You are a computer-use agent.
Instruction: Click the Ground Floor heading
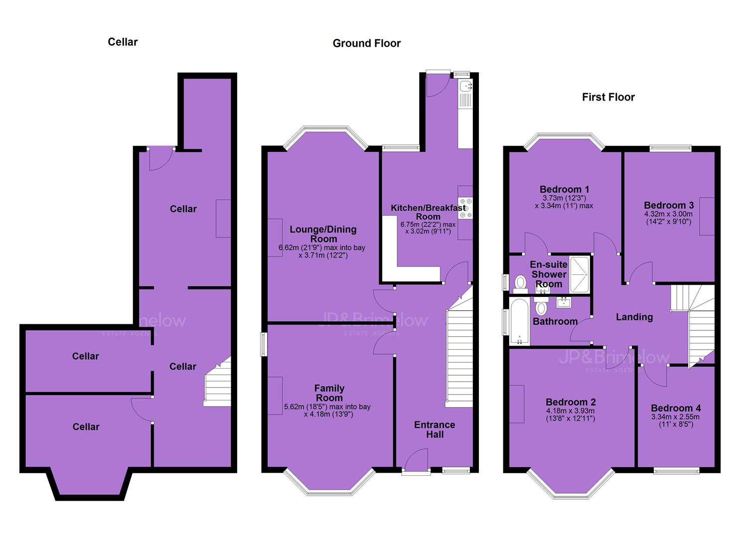point(366,43)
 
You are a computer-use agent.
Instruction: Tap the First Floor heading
point(608,97)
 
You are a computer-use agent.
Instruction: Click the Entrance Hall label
point(435,429)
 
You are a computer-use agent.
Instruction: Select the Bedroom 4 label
point(675,408)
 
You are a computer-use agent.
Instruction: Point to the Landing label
point(634,317)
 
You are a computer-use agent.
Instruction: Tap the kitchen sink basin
point(466,86)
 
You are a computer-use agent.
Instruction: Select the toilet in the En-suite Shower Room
point(520,284)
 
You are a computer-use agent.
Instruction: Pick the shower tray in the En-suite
point(580,275)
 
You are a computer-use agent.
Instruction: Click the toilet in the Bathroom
point(541,306)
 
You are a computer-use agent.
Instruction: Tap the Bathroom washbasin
point(563,302)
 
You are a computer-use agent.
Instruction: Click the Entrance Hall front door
point(416,462)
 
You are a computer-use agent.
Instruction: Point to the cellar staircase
point(217,382)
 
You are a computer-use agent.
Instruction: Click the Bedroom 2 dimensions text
point(571,415)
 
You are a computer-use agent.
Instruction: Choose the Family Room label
point(329,393)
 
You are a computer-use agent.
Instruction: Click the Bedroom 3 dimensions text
point(668,218)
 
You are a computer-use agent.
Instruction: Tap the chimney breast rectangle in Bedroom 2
point(517,404)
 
